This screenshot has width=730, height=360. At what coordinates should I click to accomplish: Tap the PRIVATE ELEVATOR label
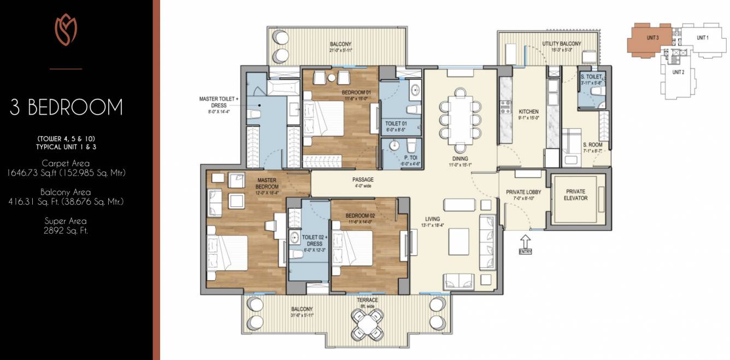point(576,194)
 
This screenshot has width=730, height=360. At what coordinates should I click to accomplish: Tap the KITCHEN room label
point(528,111)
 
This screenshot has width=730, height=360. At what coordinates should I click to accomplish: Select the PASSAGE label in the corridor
point(362,180)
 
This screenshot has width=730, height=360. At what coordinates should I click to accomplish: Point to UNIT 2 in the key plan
point(678,72)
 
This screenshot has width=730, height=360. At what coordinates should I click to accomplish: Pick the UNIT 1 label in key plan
point(702,38)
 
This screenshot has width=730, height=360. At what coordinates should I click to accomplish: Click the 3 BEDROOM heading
point(66,107)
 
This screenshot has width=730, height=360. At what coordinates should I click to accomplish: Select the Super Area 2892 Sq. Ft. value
point(66,231)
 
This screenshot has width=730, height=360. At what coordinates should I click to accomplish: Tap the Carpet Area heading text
point(66,163)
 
